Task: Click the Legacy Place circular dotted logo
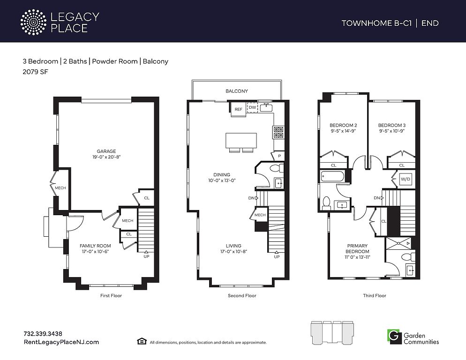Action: tap(34, 22)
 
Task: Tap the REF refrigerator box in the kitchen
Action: tap(238, 109)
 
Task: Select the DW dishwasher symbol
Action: tap(252, 107)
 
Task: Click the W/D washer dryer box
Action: tap(406, 179)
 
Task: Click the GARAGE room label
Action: tap(106, 151)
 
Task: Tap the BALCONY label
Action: tap(237, 91)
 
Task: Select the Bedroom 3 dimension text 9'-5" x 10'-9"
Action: tap(392, 131)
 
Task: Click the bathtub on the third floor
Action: tap(333, 176)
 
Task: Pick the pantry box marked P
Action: tap(279, 156)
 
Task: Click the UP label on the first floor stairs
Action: tap(147, 256)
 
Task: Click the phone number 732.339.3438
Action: tap(43, 334)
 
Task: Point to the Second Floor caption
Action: tap(242, 295)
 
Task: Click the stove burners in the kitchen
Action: tap(278, 133)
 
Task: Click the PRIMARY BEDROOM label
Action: tap(357, 248)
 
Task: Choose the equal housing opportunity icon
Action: tap(142, 341)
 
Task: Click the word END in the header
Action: tap(430, 23)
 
